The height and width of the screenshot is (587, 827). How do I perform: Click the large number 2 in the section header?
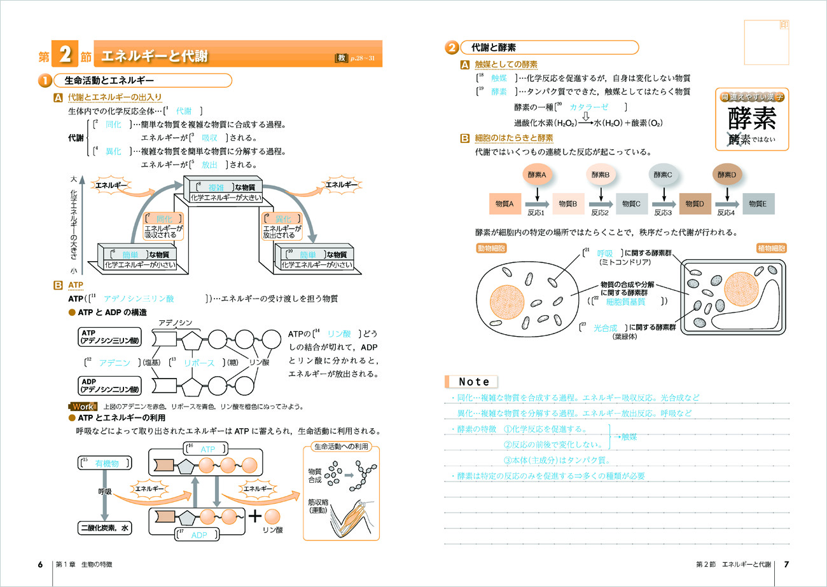pos(64,56)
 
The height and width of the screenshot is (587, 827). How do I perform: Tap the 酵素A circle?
pos(538,174)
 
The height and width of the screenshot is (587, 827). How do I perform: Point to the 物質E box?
pos(758,203)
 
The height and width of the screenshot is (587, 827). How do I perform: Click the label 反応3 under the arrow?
pos(663,213)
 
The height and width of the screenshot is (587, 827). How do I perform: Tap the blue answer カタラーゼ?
pos(589,107)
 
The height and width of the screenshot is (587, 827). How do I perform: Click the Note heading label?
pos(474,382)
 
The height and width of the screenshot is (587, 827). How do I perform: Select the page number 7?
pos(786,564)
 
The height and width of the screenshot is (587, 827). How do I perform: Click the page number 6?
pos(40,564)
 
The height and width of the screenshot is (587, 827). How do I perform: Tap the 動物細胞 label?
pos(492,248)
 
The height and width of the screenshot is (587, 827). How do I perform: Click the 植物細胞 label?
pos(770,248)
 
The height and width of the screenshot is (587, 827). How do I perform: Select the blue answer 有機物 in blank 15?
pos(107,464)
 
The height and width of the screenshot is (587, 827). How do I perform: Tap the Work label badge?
pos(83,407)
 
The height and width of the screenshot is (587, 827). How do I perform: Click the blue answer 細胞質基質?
pos(627,302)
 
